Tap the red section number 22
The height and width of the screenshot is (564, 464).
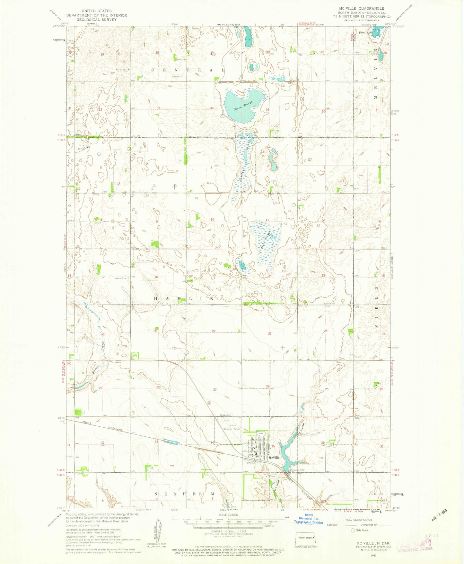[x=214, y=331]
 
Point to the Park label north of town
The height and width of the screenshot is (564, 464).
[x=261, y=433]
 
